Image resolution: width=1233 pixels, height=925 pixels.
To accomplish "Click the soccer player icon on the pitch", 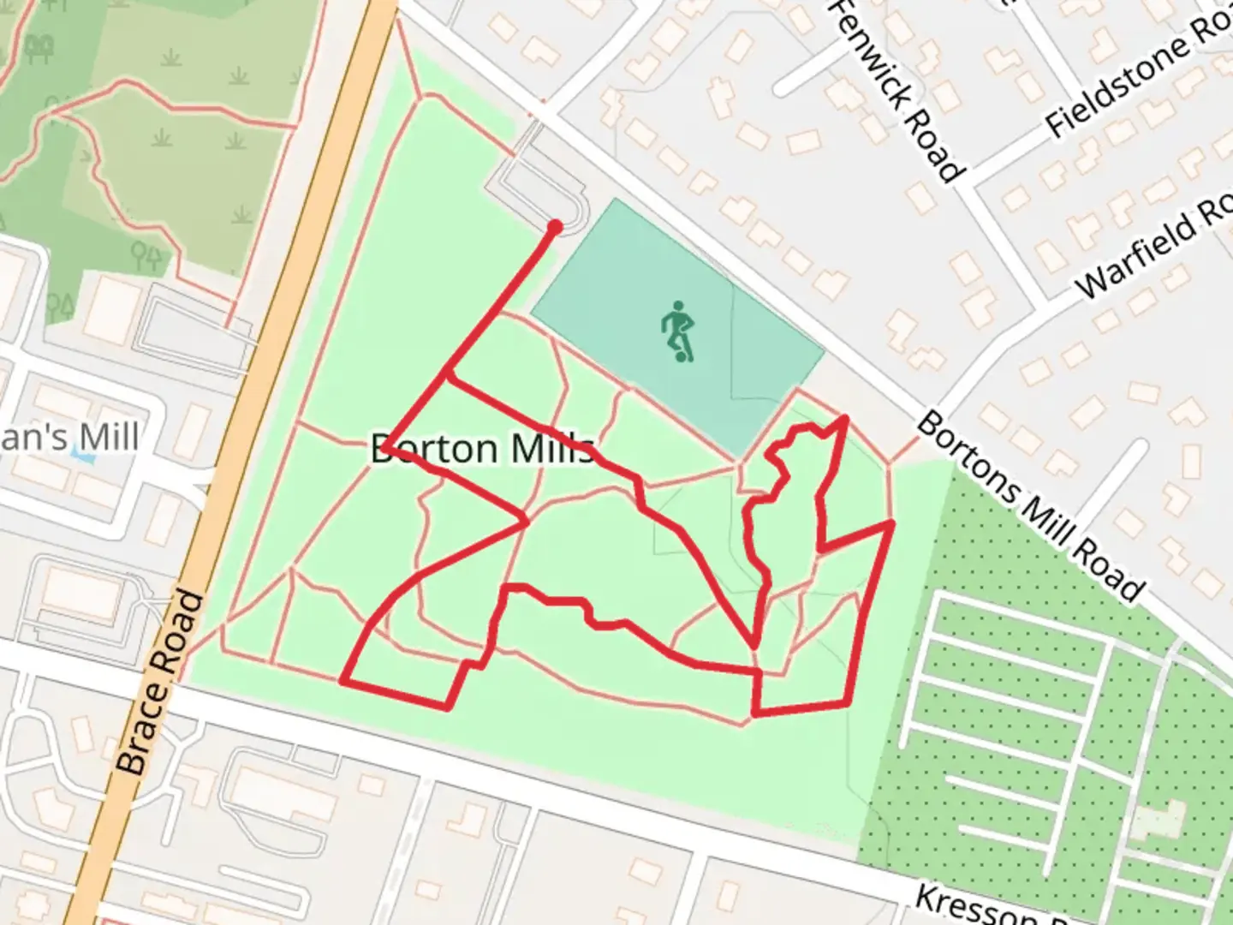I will [678, 331].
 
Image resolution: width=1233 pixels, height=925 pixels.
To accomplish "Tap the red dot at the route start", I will [555, 227].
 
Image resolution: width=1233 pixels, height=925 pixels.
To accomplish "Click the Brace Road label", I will [161, 683].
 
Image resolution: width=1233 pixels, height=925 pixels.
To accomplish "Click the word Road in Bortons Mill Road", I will [1112, 574].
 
